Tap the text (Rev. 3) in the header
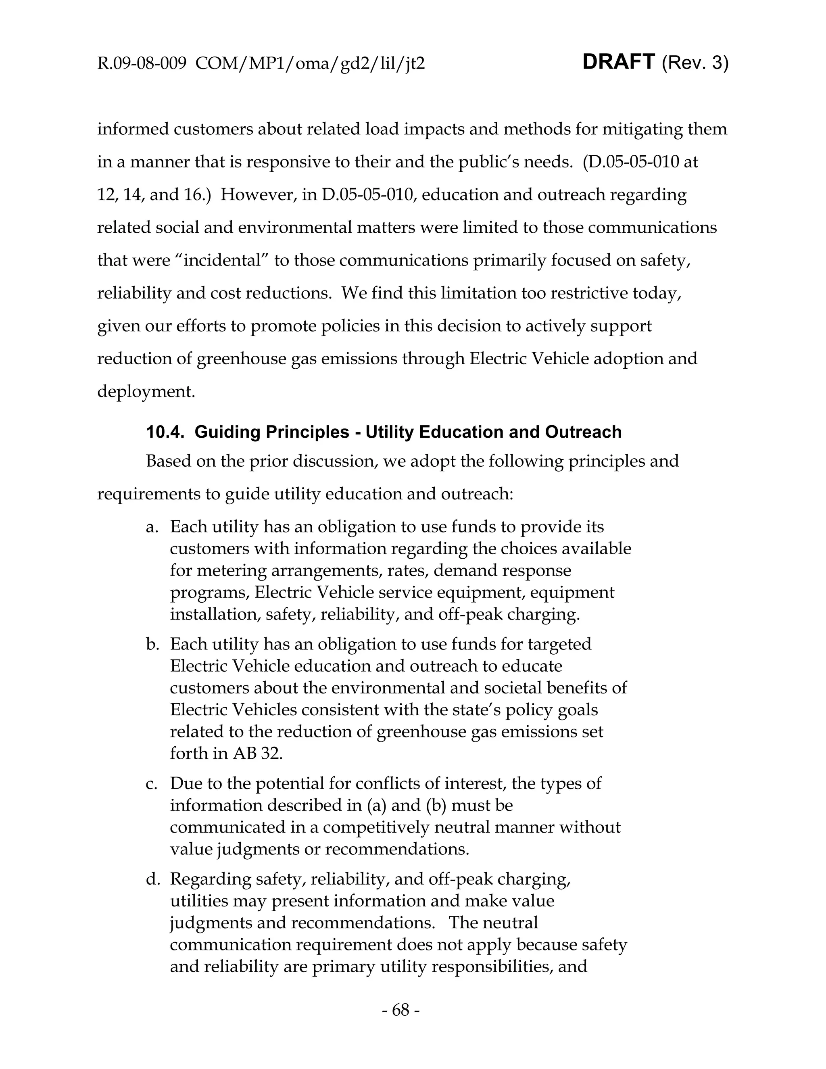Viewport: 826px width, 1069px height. click(x=695, y=63)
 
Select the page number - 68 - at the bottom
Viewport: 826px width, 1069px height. click(x=400, y=1009)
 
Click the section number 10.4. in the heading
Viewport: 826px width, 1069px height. click(x=165, y=432)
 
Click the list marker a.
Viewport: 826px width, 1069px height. click(x=152, y=527)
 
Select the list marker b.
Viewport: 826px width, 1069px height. click(x=152, y=644)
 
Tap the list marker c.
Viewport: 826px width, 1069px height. click(x=152, y=784)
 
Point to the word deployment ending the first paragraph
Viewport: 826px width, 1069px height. click(x=145, y=392)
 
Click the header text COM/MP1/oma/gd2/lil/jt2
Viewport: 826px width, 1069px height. click(x=310, y=64)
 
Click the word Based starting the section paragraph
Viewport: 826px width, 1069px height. click(x=168, y=461)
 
